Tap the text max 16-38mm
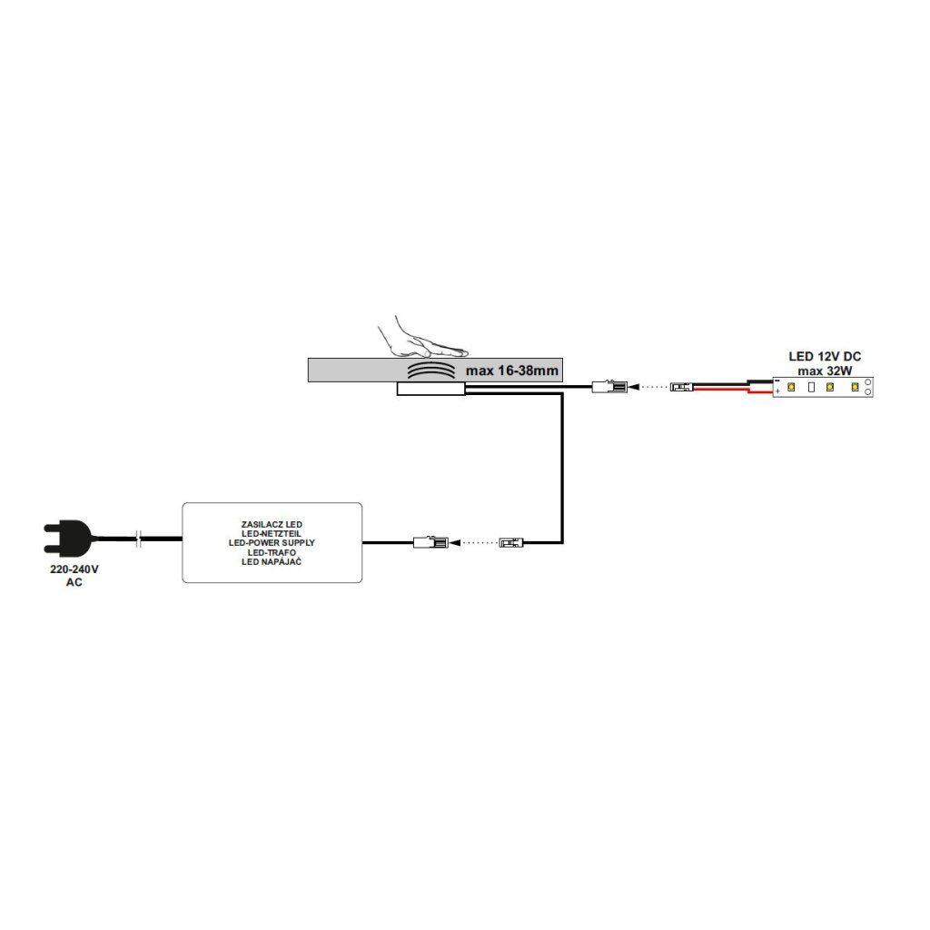[x=512, y=371]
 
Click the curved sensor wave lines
[x=430, y=371]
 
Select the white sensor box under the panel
[x=430, y=390]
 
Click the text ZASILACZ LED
[x=272, y=525]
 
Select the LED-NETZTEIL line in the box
[x=272, y=534]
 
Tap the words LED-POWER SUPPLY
[x=272, y=542]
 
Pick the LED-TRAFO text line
[x=272, y=551]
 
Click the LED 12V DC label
[x=824, y=356]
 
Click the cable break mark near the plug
[x=139, y=539]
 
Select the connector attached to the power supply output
[x=427, y=543]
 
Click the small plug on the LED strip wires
[x=682, y=388]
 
